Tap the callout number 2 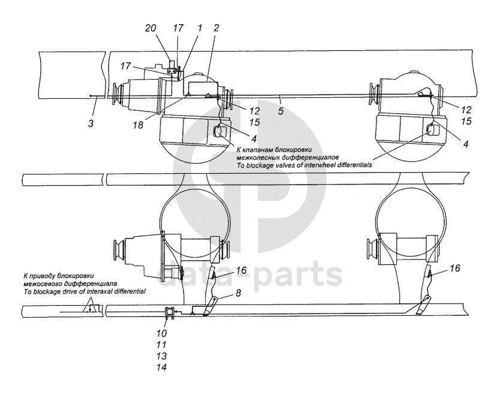(x=216, y=28)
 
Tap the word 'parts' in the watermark (x=300, y=273)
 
